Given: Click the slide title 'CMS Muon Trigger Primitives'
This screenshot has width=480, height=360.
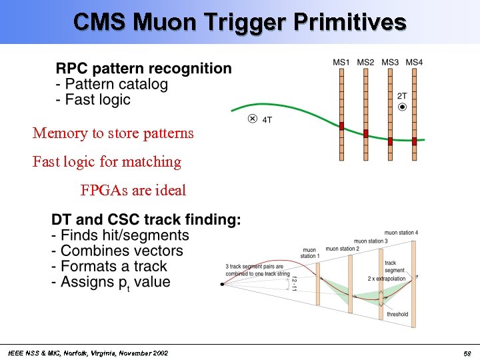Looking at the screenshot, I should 240,22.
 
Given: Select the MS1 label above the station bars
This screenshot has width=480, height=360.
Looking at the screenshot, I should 341,63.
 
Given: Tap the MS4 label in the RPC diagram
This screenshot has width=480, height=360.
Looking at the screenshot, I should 414,63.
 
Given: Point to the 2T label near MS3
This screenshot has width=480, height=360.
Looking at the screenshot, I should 402,96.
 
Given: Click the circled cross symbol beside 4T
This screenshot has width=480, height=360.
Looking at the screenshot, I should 252,119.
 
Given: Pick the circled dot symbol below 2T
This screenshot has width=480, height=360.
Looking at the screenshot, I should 402,107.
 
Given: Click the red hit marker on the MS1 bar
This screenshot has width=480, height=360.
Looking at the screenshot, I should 341,126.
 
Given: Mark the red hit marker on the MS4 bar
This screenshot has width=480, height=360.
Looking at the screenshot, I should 414,141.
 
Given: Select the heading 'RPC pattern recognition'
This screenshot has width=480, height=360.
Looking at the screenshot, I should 144,69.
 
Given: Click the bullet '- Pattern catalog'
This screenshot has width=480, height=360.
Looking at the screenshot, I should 112,85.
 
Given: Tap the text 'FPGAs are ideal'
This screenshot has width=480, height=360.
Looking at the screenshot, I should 133,191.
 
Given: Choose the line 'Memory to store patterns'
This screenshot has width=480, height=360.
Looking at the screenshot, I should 113,133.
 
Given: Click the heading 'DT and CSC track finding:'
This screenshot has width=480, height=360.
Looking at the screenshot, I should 147,220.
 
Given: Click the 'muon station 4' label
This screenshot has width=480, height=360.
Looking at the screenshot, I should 401,233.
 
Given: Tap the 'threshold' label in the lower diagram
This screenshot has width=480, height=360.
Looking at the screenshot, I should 397,314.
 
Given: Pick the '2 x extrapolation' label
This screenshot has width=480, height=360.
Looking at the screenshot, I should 386,279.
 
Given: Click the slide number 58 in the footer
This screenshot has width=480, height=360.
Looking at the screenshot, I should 467,353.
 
